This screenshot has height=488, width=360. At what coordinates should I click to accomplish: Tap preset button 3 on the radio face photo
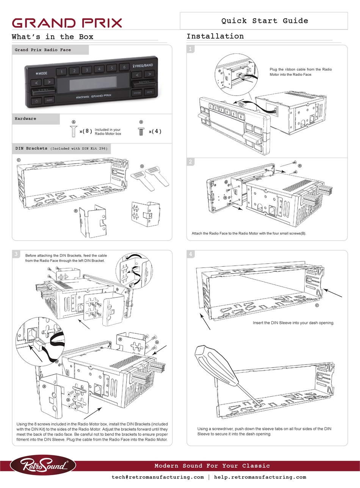click(x=87, y=70)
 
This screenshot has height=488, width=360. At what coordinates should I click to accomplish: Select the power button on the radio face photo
click(x=36, y=100)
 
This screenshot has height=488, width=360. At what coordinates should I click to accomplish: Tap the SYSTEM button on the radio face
click(x=137, y=92)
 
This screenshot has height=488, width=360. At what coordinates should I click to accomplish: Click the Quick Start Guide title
click(x=265, y=21)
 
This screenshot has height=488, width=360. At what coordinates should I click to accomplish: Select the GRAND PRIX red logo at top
click(x=67, y=23)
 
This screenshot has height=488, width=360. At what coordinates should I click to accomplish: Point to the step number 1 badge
click(x=191, y=49)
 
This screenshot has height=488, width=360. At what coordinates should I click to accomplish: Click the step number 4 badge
click(x=191, y=254)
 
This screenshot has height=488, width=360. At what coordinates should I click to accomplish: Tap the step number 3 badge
click(x=16, y=254)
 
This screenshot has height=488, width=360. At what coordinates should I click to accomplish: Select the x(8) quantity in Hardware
click(x=86, y=131)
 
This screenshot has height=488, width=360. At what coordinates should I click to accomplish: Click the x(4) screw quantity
click(x=155, y=131)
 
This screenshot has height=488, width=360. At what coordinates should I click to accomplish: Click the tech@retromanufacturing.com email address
click(x=158, y=477)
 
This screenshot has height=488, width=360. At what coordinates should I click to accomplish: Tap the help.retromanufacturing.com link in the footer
click(x=260, y=477)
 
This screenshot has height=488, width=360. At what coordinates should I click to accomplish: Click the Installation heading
click(x=215, y=36)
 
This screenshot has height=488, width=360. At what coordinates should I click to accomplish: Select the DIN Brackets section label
click(x=31, y=149)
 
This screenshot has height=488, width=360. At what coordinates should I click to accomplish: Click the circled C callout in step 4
click(x=317, y=305)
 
